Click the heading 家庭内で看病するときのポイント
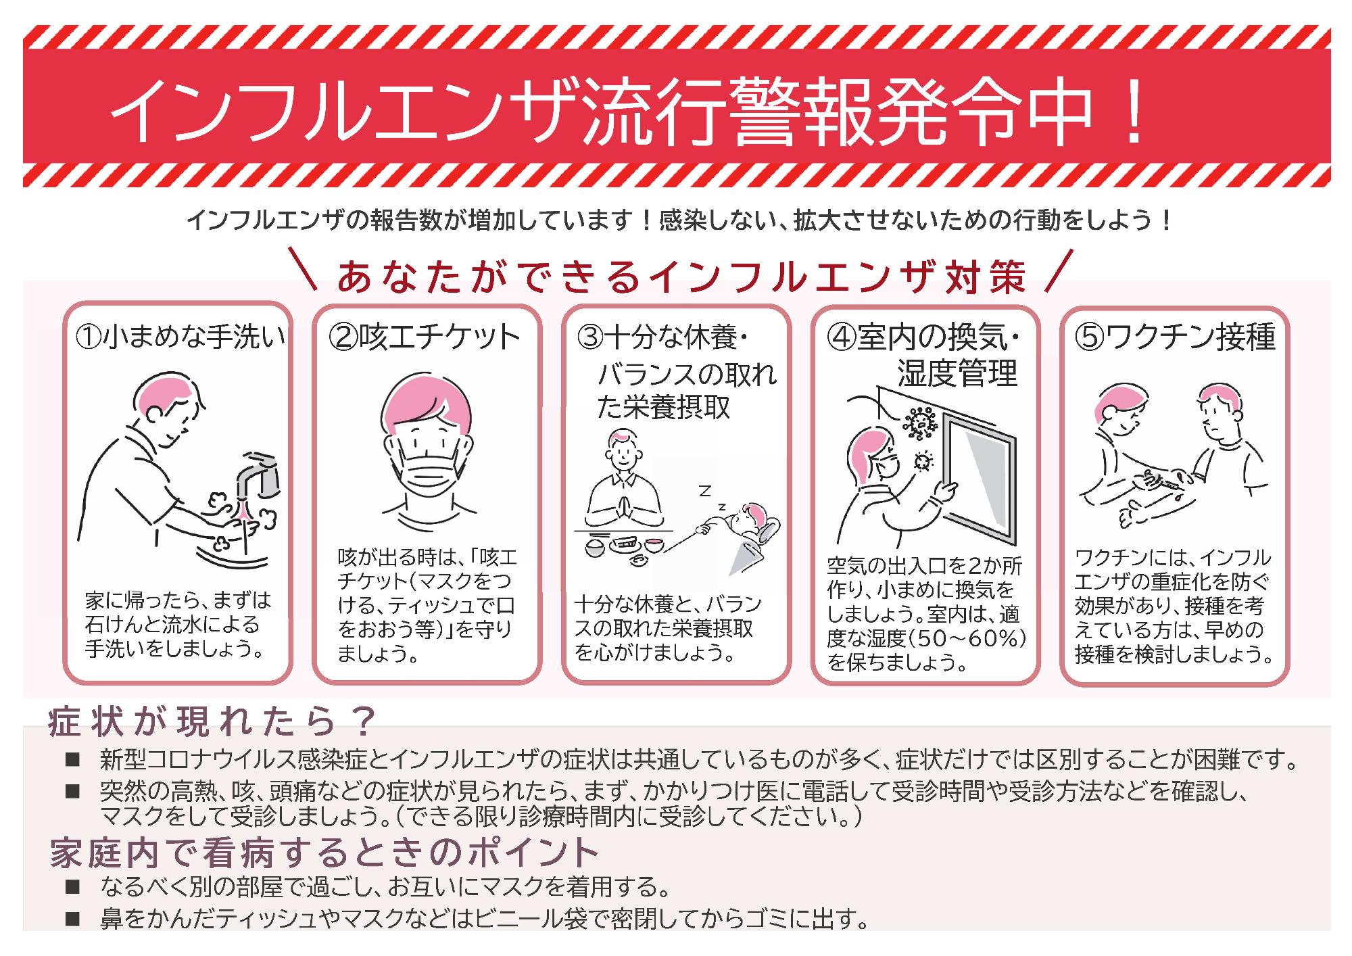[324, 853]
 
